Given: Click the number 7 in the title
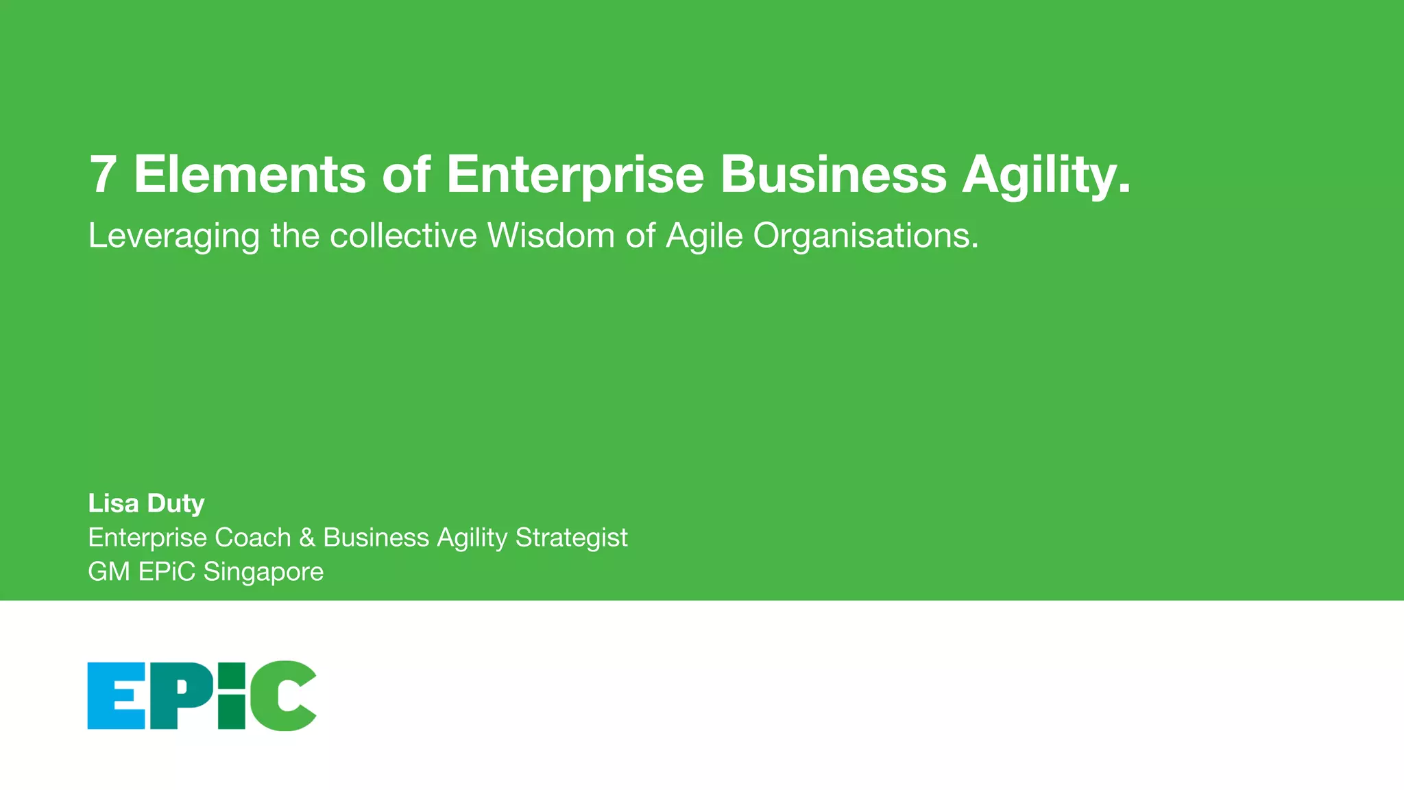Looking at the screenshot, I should pos(102,174).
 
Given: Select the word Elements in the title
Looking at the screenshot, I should pos(250,174).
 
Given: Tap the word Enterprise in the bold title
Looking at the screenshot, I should pos(574,174).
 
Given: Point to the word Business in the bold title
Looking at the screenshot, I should pos(833,174).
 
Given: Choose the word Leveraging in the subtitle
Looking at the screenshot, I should pos(174,237).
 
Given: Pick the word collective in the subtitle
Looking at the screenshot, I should pos(403,235).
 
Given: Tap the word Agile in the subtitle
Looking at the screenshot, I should pos(705,237).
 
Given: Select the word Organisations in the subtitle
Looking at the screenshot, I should pos(865,237).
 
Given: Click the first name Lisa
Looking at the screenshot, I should pos(113,503).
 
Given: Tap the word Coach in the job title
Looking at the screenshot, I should pos(253,538).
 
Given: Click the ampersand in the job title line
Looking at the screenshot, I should pos(307,538).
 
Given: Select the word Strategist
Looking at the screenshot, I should pos(571,538).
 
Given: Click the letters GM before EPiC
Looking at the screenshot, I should pos(109,572).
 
